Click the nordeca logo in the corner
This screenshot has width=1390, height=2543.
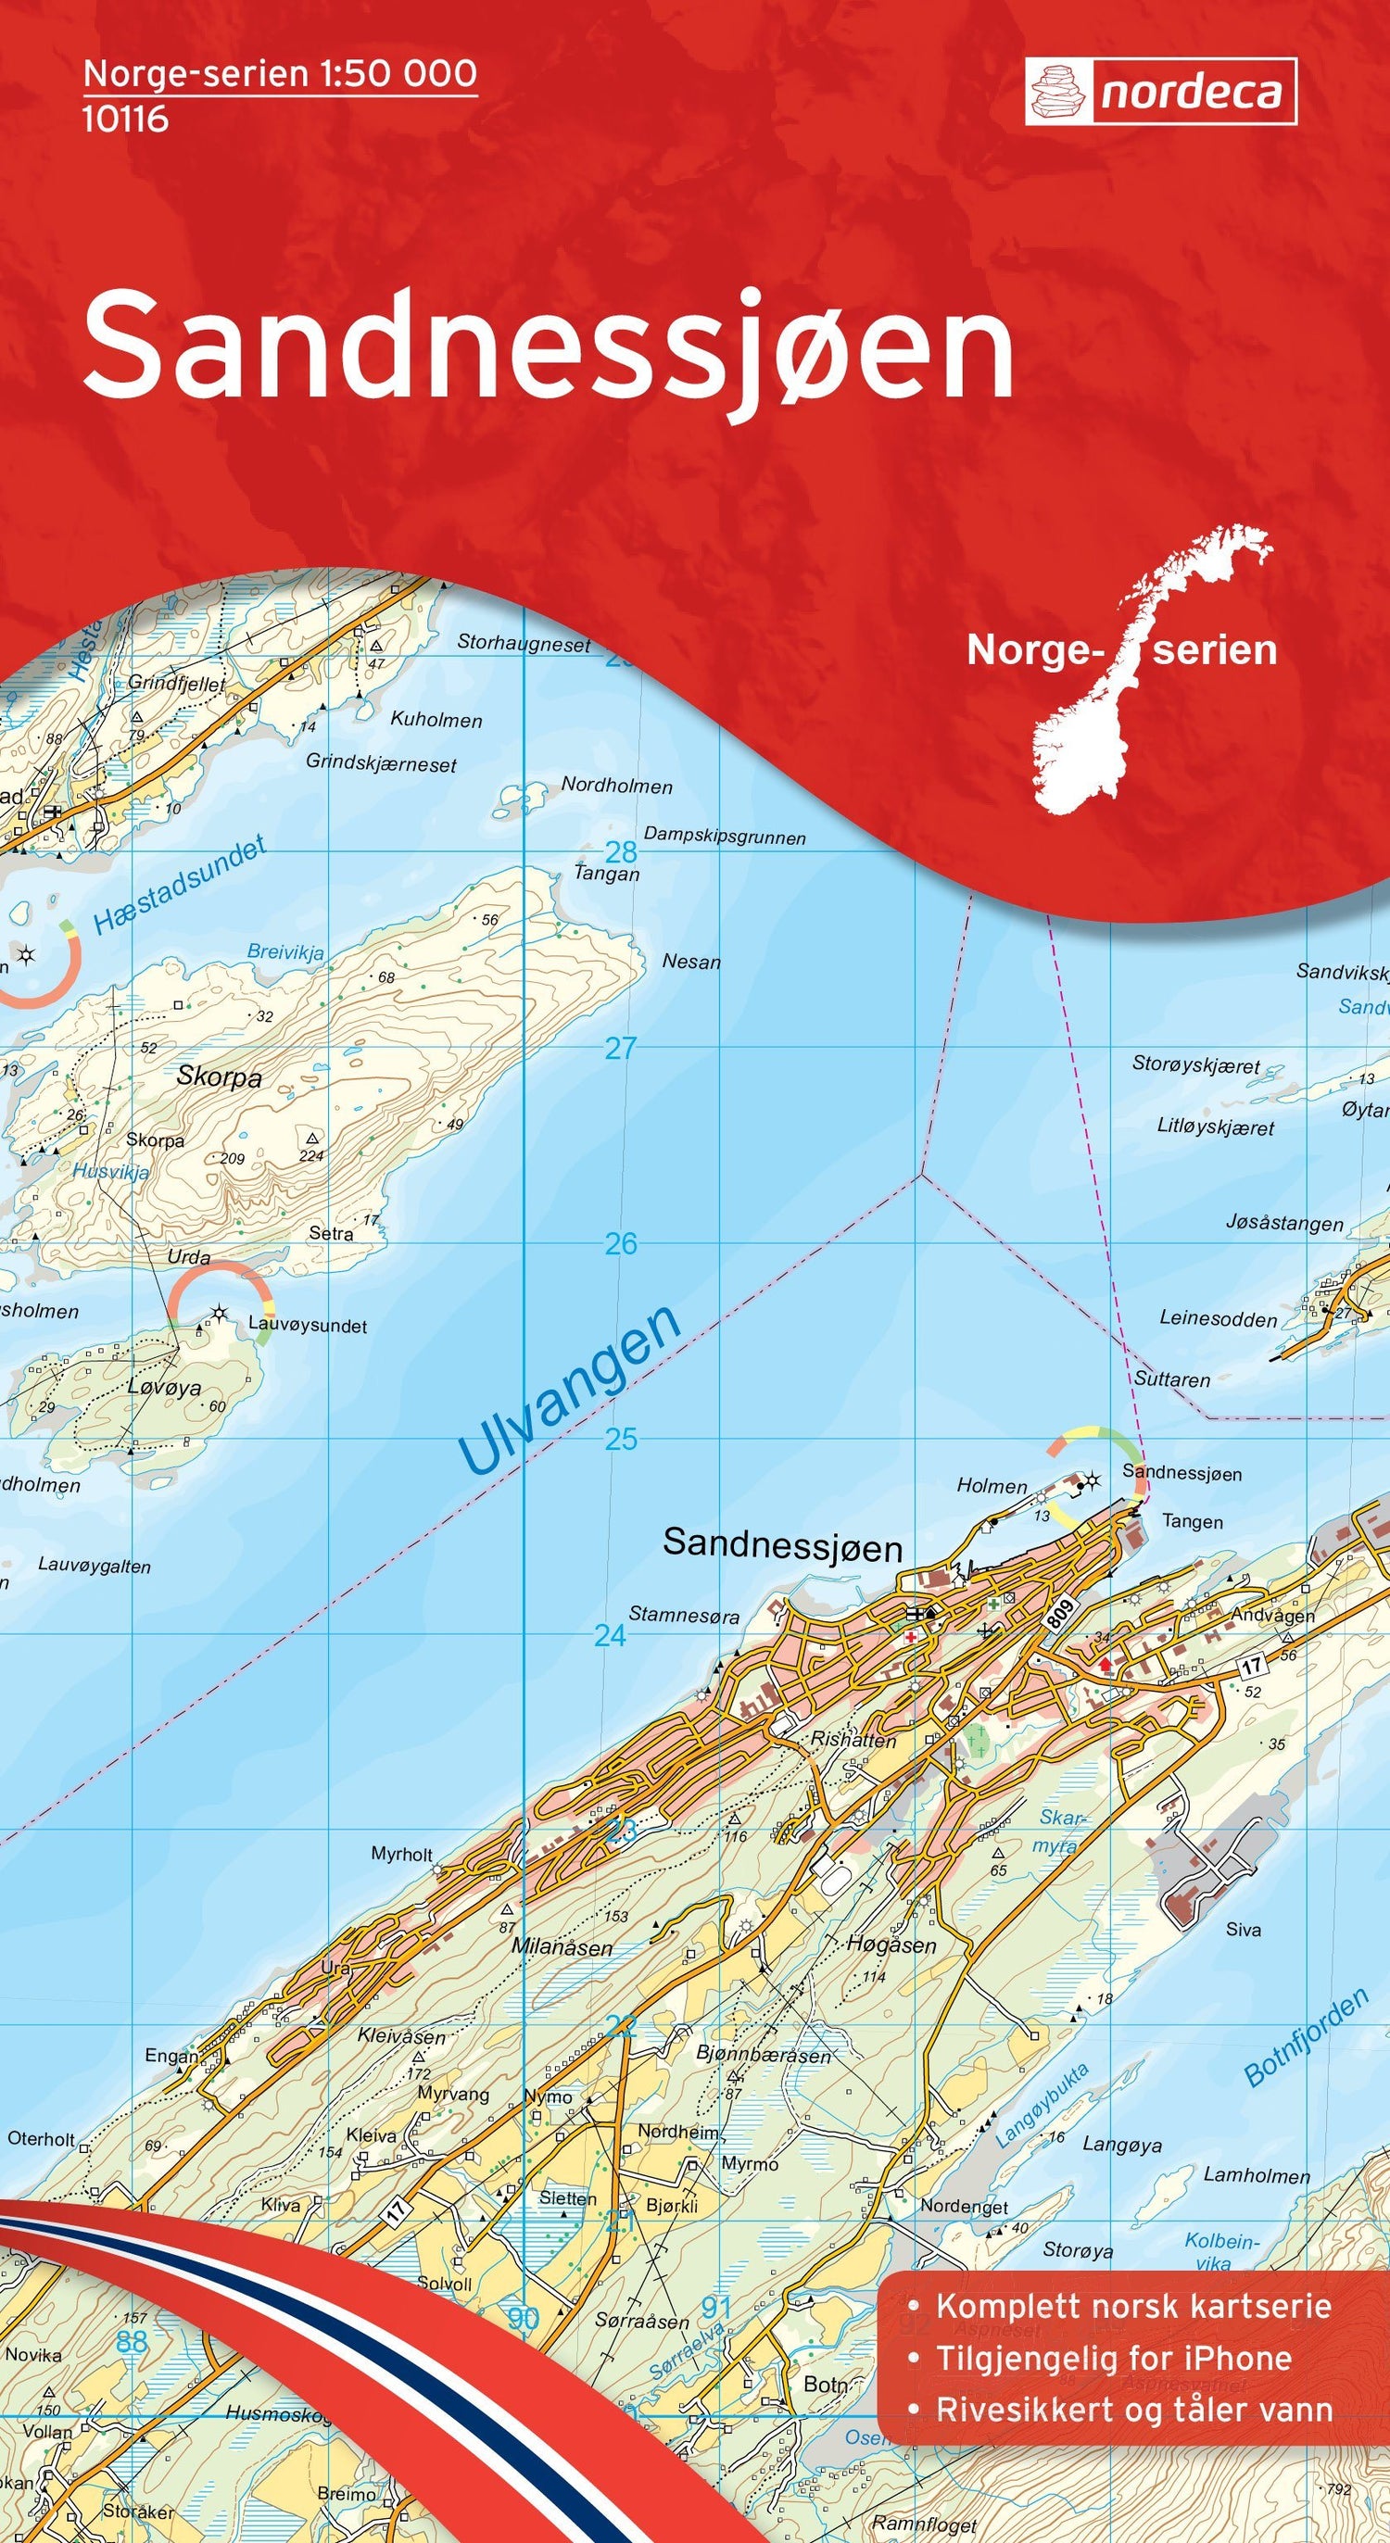point(1160,92)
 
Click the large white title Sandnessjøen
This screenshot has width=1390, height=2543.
point(549,345)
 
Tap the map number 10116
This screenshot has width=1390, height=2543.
point(125,120)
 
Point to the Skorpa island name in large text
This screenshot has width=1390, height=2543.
point(220,1077)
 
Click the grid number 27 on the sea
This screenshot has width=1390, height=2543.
point(620,1049)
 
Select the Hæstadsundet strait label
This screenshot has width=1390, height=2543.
point(179,887)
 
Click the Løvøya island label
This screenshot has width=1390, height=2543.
point(164,1388)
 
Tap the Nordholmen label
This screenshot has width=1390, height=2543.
point(617,786)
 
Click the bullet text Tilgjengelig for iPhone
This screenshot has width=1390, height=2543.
point(1114,2407)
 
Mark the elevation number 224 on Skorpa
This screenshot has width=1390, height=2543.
point(312,1156)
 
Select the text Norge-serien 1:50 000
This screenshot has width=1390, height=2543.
point(281,74)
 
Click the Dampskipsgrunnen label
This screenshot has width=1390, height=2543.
point(725,837)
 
